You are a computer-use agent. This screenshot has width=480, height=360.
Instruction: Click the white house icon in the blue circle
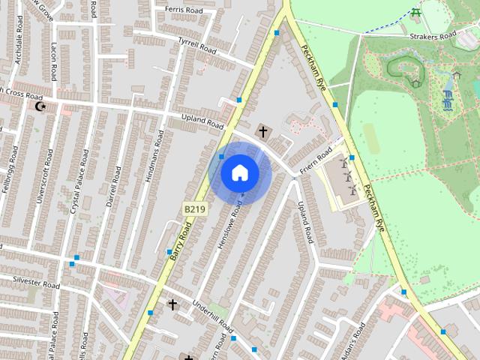(240, 173)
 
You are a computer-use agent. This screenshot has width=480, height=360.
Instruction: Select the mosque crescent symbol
(40, 106)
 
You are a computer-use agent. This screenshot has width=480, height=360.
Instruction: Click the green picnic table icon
(415, 12)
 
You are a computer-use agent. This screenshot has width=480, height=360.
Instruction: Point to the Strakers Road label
(433, 35)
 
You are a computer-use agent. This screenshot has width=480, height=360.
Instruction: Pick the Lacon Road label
(53, 61)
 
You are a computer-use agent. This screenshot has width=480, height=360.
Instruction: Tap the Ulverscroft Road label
(44, 175)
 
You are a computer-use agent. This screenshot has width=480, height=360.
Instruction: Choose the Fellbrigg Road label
(9, 171)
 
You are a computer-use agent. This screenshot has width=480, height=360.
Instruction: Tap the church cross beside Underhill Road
(172, 304)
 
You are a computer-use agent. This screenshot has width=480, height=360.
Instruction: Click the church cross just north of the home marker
(262, 131)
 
